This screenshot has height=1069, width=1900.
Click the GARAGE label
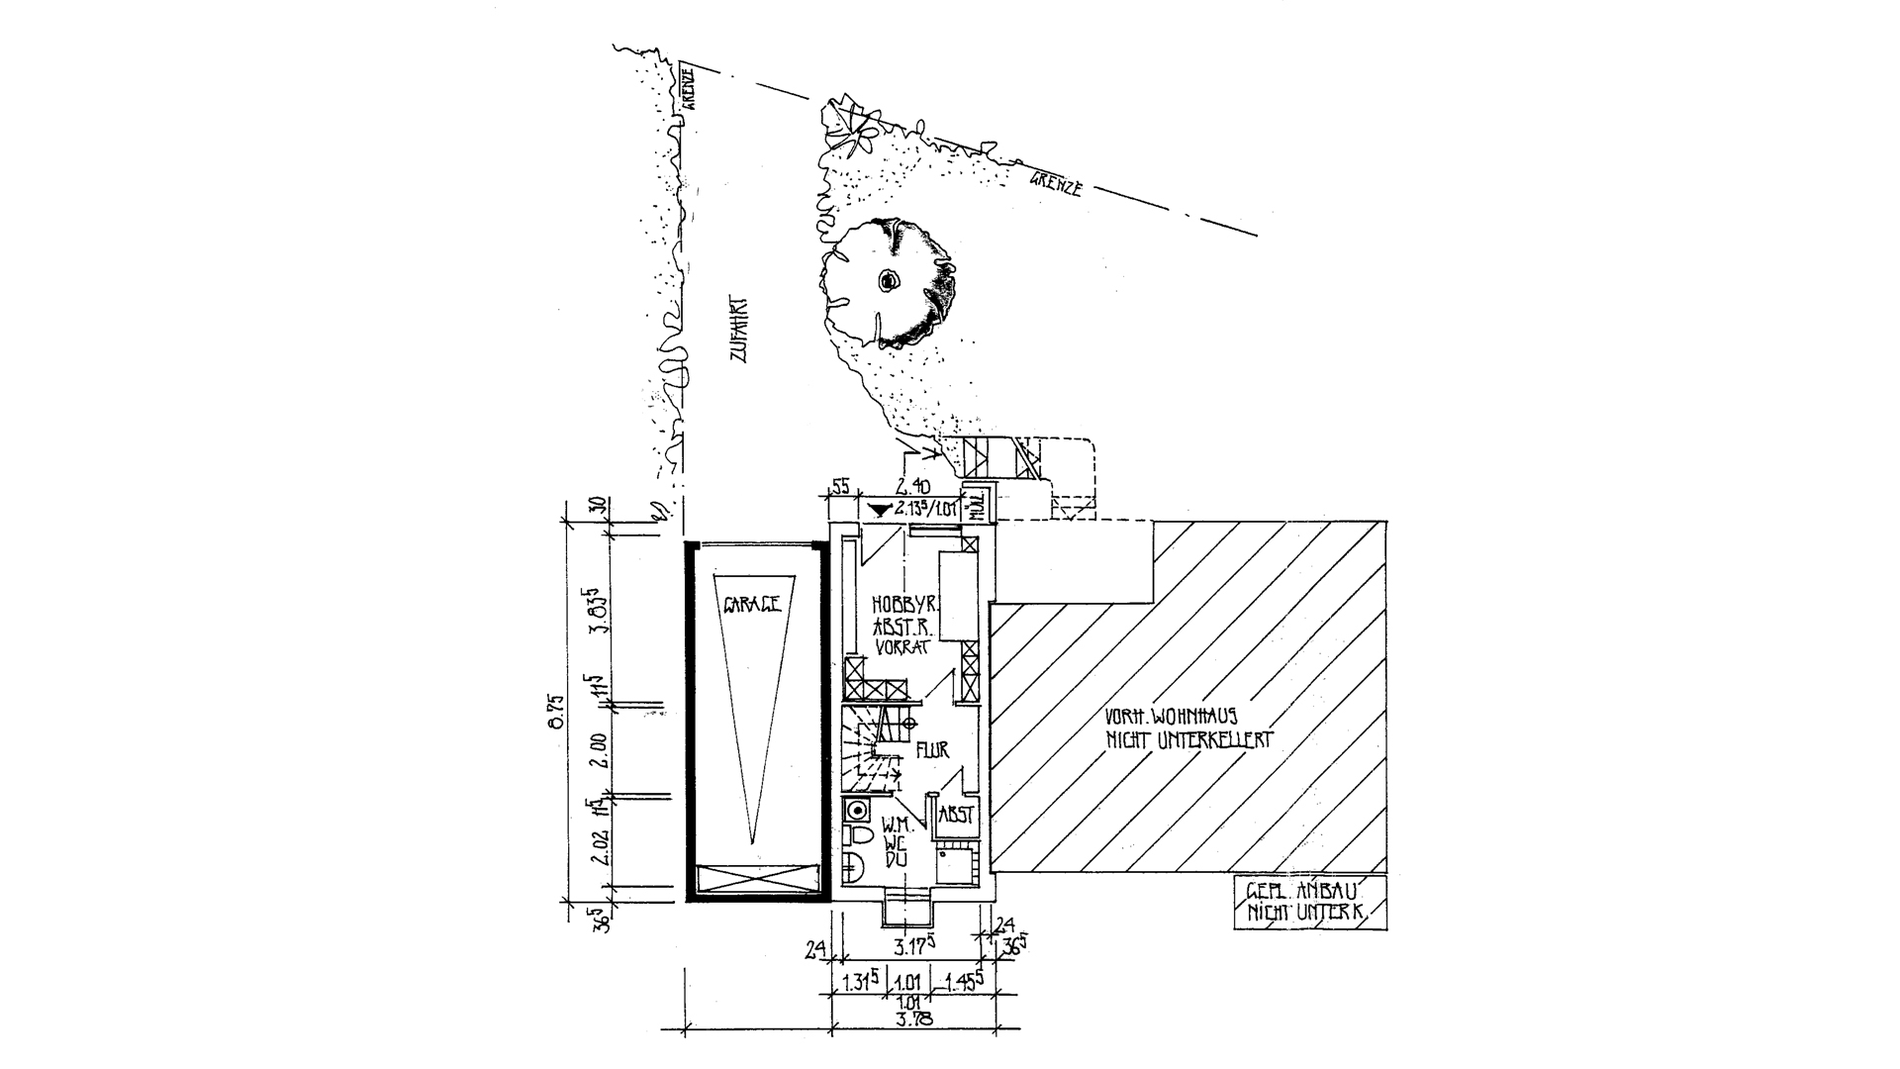(752, 603)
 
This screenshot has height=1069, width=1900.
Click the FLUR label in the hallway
(932, 750)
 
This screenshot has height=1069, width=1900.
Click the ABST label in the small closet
(957, 816)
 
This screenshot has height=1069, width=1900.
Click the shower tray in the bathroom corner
(956, 865)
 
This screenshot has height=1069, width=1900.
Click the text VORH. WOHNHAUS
(1172, 715)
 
